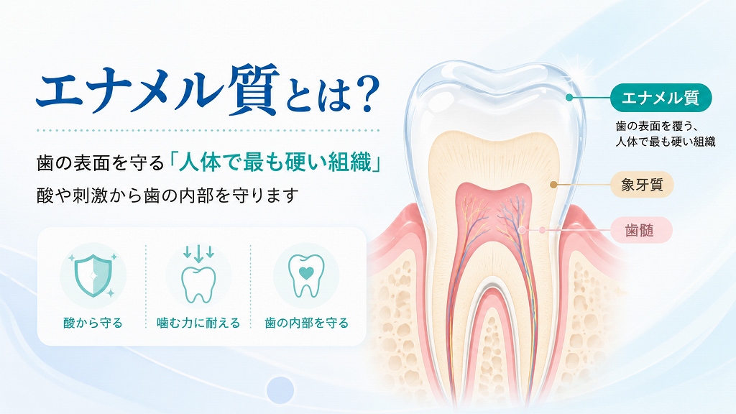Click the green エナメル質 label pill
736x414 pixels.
661,98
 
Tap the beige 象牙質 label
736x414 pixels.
642,185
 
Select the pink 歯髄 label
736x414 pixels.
641,230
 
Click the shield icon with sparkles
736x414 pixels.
93,275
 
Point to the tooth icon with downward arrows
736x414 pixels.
198,275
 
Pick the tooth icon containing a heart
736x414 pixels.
306,276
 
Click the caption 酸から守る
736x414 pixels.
93,323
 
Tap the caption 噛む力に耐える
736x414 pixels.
198,323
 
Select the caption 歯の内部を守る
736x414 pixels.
306,323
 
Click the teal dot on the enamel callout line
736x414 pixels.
569,98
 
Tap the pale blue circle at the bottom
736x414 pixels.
280,390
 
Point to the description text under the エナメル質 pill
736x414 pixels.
666,134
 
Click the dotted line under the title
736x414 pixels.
208,130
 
